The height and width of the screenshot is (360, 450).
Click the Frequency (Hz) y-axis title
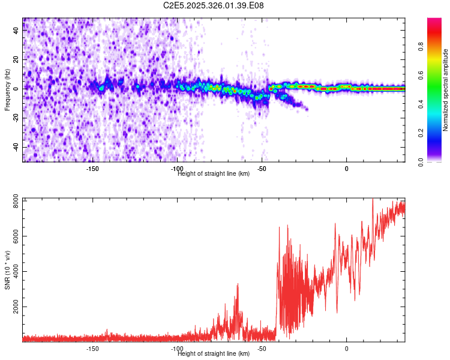click(7, 90)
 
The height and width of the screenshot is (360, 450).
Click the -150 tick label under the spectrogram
click(92, 169)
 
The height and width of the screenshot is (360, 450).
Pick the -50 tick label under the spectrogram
click(261, 169)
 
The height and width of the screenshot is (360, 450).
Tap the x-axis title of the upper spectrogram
click(214, 174)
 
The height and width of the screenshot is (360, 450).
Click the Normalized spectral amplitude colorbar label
click(446, 90)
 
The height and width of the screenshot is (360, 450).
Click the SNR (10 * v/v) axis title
click(7, 270)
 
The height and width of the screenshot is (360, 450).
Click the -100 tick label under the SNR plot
click(176, 349)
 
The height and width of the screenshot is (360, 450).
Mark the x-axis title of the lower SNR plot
click(214, 354)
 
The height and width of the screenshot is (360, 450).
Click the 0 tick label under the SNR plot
click(346, 349)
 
